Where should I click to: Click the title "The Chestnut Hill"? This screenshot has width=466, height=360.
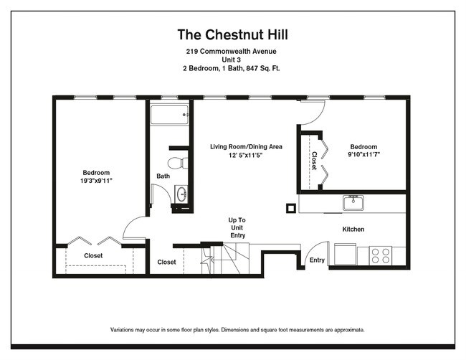tap(232, 34)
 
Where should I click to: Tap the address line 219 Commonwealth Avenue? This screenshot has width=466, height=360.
tap(231, 52)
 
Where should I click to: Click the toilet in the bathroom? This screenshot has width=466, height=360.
tap(179, 162)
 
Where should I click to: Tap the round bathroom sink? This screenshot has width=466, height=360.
tap(181, 194)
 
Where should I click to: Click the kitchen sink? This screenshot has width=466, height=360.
tap(353, 203)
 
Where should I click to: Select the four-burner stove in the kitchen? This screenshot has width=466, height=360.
tap(380, 254)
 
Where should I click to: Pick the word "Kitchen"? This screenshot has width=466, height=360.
tap(353, 229)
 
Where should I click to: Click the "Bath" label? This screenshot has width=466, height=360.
tap(163, 176)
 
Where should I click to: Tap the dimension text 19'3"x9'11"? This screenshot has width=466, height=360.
tap(96, 181)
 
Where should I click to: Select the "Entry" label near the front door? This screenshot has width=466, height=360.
tap(317, 260)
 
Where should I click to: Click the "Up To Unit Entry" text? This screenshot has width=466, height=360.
tap(237, 227)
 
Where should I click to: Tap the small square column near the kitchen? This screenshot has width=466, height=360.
tap(290, 209)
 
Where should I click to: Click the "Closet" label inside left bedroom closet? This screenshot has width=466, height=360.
tap(93, 255)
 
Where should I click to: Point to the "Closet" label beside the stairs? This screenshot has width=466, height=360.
tap(167, 262)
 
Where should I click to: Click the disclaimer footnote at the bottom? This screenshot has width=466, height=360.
tap(237, 330)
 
